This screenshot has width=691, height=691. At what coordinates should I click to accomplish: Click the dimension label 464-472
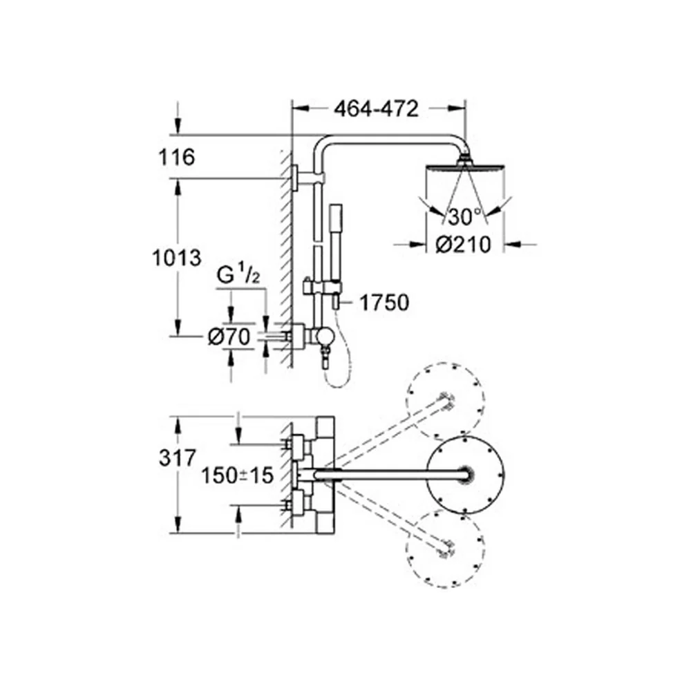(x=376, y=109)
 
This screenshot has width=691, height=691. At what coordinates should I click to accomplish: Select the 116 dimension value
(x=177, y=157)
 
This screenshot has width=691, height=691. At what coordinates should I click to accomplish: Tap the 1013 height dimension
(x=176, y=257)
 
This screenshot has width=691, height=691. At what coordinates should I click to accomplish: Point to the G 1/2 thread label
(x=238, y=276)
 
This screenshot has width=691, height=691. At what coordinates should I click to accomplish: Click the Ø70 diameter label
(x=229, y=338)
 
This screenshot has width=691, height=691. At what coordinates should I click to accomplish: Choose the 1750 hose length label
(x=384, y=303)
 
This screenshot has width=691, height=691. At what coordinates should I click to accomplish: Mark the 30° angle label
(x=464, y=217)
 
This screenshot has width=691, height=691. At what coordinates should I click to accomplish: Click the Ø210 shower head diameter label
(x=463, y=245)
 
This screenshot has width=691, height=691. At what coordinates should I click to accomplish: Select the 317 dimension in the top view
(x=177, y=458)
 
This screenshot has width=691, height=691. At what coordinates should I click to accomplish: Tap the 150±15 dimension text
(x=238, y=475)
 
